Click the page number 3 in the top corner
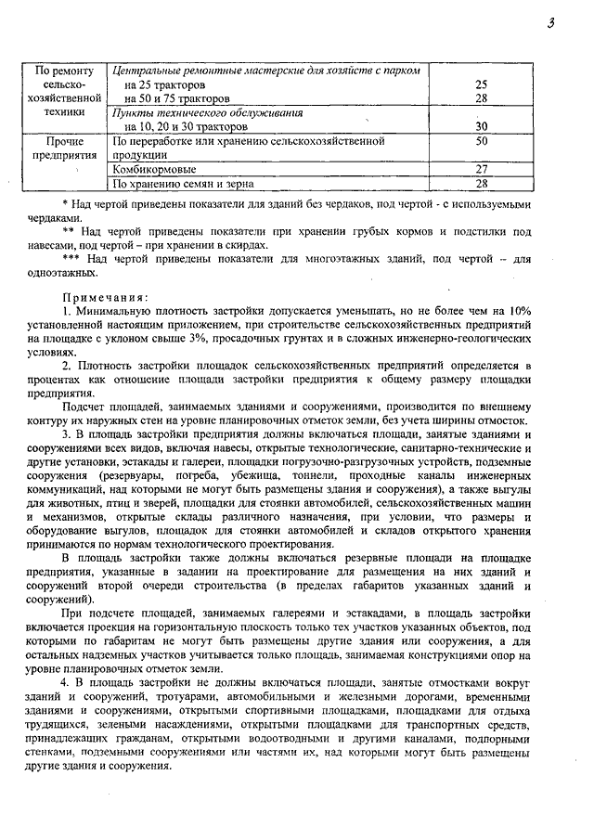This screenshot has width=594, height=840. coord(550,24)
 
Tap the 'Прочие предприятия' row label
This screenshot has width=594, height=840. coord(65,149)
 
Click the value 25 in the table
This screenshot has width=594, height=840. coord(481,84)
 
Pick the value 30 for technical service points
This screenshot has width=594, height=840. coord(481,126)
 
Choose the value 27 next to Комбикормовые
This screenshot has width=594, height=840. coord(481,170)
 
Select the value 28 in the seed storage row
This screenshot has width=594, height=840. coord(481,184)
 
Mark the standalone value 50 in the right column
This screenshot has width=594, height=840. coord(481,141)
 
